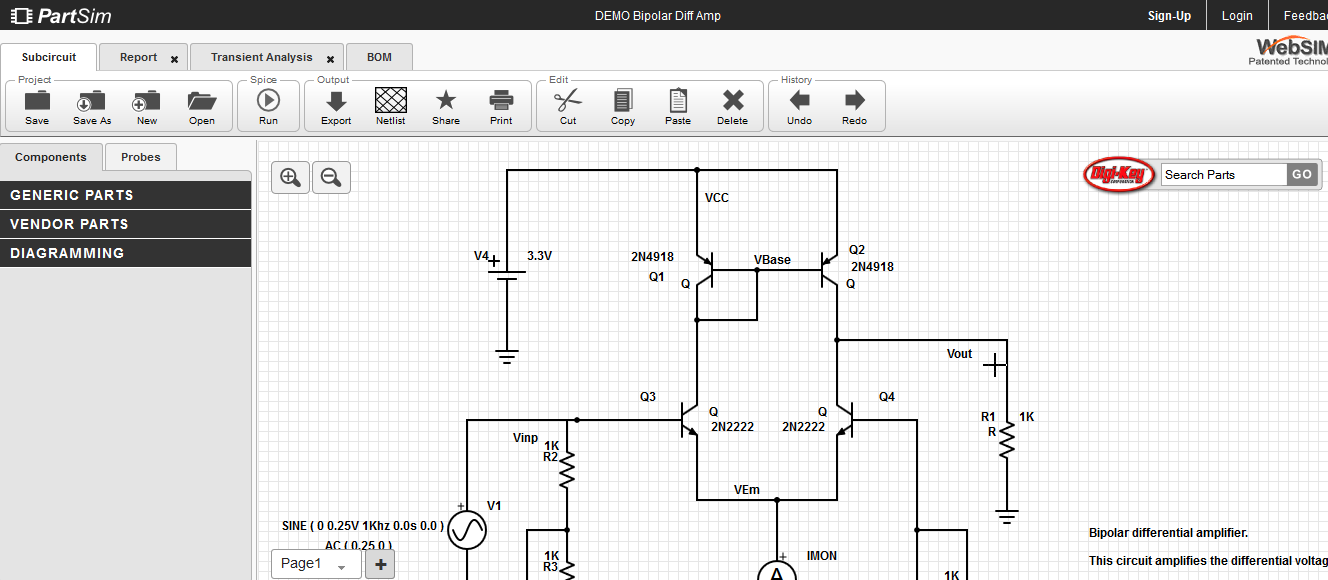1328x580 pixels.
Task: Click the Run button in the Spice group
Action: (268, 105)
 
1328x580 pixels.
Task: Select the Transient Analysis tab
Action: (261, 57)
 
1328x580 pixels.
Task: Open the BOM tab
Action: (379, 57)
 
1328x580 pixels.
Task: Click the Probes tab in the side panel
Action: (140, 157)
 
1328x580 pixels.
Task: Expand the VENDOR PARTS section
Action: (125, 224)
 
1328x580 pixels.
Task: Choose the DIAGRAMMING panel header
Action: (125, 253)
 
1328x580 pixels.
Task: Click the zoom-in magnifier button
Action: (290, 178)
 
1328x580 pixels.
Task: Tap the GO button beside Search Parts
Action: (1301, 174)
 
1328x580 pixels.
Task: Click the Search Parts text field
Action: (1222, 174)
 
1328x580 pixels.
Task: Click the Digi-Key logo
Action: (1119, 175)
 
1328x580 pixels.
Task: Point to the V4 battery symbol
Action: (507, 275)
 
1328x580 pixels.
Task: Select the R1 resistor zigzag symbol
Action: (1006, 438)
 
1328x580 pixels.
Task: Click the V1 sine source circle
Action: (466, 530)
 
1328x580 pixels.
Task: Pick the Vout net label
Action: (959, 354)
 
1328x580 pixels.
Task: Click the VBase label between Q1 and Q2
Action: (772, 260)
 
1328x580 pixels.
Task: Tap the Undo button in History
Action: (799, 105)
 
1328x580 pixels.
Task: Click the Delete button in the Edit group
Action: (732, 105)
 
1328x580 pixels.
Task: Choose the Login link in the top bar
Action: (1237, 15)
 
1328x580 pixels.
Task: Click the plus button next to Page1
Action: (380, 564)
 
